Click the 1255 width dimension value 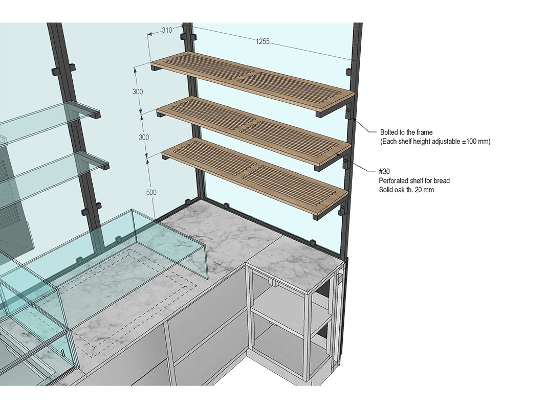pos(262,41)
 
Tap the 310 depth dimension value pos(167,30)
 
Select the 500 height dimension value pos(151,193)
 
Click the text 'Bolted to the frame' pos(406,132)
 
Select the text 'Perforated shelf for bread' pos(414,181)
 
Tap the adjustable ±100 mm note pos(435,142)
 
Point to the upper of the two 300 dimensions pos(138,92)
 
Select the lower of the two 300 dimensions pos(144,137)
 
